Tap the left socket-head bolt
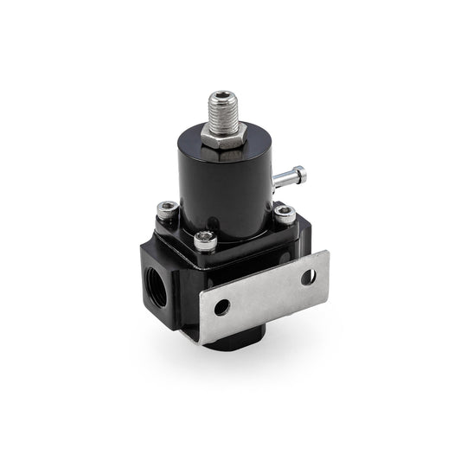169,208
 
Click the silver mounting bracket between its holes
264,291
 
